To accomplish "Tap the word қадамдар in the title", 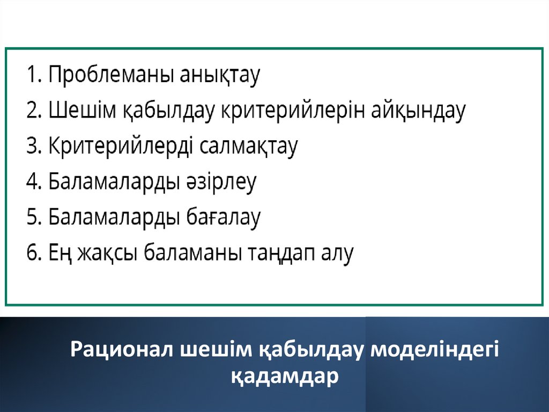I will tap(285, 377).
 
